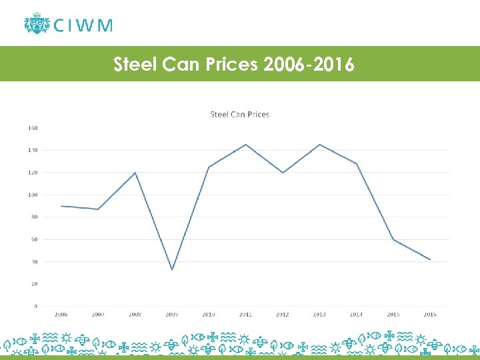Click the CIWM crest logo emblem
[x=36, y=24]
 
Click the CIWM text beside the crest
[x=83, y=25]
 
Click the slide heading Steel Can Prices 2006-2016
[x=234, y=65]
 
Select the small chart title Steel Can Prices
[x=239, y=114]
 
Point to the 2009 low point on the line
[x=172, y=269]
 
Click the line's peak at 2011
[x=246, y=144]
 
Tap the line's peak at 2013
[x=320, y=144]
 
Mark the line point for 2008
[x=135, y=173]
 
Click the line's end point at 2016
[x=430, y=259]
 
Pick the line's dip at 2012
[x=283, y=173]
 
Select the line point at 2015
[x=393, y=239]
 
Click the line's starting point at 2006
[x=61, y=206]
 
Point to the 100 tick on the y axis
[x=32, y=195]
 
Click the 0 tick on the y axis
[x=35, y=306]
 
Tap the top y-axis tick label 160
[x=32, y=128]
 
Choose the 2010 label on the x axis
[x=209, y=315]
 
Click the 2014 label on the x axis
[x=356, y=315]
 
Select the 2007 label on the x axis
[x=98, y=315]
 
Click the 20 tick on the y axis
[x=33, y=284]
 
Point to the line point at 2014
[x=357, y=163]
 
